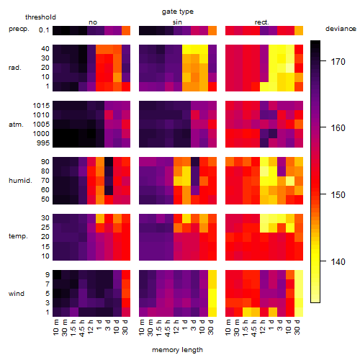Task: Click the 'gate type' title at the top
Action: point(178,12)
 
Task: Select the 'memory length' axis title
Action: point(177,350)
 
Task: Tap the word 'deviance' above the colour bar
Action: point(341,29)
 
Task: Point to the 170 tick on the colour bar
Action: point(323,61)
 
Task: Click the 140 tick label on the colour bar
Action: point(338,261)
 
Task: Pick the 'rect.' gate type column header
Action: point(261,22)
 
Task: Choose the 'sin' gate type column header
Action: point(177,22)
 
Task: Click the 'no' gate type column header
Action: point(93,22)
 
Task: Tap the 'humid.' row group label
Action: point(20,181)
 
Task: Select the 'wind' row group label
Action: point(17,294)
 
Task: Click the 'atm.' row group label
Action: point(16,125)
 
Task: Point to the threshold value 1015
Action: point(41,106)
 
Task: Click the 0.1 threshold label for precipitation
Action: point(44,30)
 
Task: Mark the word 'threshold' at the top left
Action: point(40,17)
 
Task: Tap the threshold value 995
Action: point(43,143)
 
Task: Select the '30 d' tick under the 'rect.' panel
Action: point(297,327)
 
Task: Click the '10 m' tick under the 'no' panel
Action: point(55,328)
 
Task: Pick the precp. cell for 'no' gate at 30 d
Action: point(126,30)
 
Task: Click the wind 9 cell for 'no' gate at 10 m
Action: point(57,274)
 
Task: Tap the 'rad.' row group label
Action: point(15,68)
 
